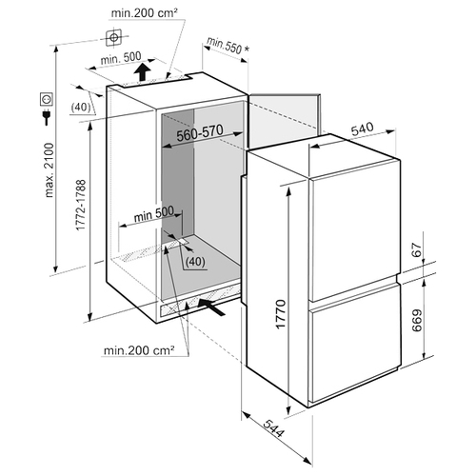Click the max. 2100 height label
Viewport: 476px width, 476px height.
click(50, 170)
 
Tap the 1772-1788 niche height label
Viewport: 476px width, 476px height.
click(81, 205)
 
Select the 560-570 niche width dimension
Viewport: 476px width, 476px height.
click(200, 132)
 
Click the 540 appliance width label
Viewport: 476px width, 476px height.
click(363, 129)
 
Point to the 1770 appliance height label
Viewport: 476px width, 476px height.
click(281, 314)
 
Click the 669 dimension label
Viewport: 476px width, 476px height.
click(417, 320)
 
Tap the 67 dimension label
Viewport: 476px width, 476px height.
click(417, 249)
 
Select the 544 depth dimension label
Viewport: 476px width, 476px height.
click(273, 428)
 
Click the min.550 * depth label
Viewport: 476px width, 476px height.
click(228, 46)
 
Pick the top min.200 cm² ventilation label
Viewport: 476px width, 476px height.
click(144, 13)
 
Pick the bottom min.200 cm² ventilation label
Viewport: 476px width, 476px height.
click(139, 350)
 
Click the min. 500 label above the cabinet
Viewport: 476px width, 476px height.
click(121, 58)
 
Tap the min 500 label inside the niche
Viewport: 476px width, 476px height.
click(154, 214)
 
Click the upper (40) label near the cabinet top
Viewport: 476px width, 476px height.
click(81, 108)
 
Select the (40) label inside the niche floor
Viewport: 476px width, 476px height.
click(195, 262)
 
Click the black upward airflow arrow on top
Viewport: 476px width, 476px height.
click(143, 72)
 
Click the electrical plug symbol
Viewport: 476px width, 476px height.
click(47, 117)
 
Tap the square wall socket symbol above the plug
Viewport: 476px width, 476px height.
click(47, 99)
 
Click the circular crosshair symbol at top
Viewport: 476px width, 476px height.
click(113, 38)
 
